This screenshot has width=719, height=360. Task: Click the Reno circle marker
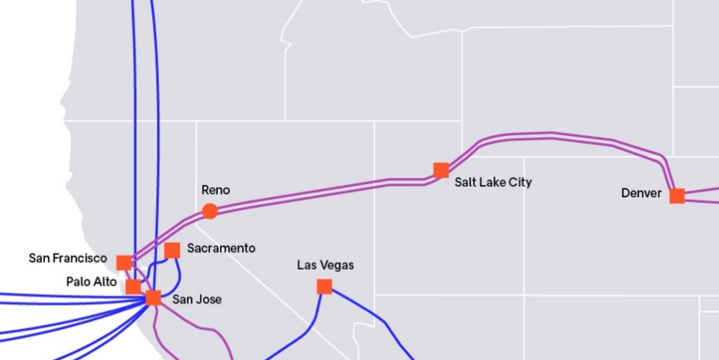(x=210, y=211)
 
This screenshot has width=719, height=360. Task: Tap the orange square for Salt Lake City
(x=441, y=170)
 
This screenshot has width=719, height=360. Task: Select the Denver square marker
(x=677, y=196)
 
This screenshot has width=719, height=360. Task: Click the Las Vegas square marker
(x=324, y=286)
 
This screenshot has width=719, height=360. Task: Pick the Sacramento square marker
(x=172, y=250)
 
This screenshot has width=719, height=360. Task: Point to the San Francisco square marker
(x=124, y=263)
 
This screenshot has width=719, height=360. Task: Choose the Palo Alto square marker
(x=133, y=286)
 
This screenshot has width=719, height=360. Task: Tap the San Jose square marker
(x=153, y=298)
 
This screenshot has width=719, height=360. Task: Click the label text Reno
(x=216, y=190)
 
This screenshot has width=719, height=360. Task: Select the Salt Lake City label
(x=493, y=182)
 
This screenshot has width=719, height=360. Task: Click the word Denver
(x=641, y=193)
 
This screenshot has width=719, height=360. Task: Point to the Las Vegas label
(x=325, y=265)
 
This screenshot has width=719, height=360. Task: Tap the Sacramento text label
(x=221, y=248)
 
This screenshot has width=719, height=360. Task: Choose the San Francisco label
(x=68, y=258)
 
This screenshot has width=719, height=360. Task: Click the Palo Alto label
(x=91, y=282)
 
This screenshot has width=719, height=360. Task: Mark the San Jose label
(x=197, y=299)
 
